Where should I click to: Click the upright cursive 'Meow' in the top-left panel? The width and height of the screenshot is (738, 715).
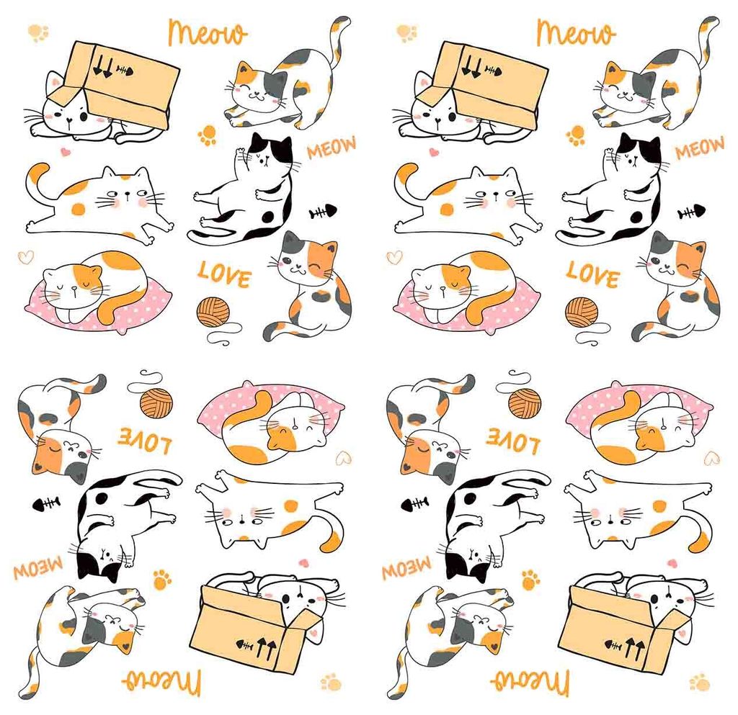[208, 32]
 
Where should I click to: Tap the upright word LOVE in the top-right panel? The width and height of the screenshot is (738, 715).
[591, 274]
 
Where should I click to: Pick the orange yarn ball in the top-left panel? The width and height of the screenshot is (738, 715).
[213, 312]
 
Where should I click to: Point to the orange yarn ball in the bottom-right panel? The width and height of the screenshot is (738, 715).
[525, 403]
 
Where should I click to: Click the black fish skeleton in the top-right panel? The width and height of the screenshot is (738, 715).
[691, 212]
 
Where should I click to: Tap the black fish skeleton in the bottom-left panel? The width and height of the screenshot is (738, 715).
[46, 503]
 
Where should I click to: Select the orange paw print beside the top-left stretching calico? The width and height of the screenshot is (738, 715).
[208, 135]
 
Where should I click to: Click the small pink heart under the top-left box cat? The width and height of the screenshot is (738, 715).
[65, 152]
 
